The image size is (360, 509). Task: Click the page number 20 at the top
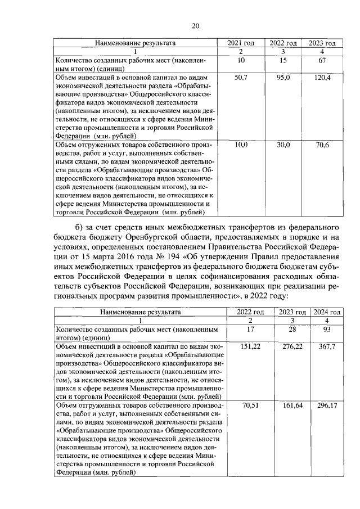[195, 25]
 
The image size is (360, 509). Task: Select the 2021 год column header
[241, 43]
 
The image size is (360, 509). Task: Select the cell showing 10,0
[241, 145]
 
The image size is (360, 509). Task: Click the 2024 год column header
[326, 312]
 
